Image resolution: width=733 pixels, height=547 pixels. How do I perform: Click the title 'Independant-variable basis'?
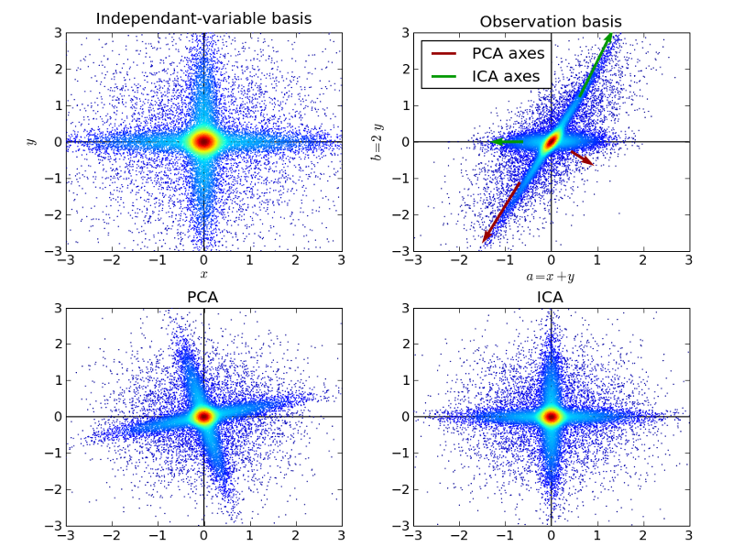[x=203, y=19]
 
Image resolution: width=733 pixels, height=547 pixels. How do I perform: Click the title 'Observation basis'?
[x=551, y=21]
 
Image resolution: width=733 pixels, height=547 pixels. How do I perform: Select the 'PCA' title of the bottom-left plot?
[x=203, y=298]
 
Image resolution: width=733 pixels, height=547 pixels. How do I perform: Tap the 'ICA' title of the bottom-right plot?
[x=551, y=298]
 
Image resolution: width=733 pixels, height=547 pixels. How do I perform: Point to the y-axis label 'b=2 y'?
[x=377, y=141]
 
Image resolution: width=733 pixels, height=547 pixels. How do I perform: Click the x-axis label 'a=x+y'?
[x=551, y=275]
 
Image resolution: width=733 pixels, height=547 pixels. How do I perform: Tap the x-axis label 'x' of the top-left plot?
[x=203, y=274]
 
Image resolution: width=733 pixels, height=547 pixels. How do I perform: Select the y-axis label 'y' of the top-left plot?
[x=30, y=141]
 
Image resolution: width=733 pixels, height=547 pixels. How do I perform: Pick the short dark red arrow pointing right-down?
[x=582, y=158]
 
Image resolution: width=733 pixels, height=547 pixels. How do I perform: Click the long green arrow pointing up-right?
[x=596, y=63]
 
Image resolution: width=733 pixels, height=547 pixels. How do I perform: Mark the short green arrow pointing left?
[x=509, y=142]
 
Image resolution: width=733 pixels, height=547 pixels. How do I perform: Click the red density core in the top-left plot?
[x=203, y=141]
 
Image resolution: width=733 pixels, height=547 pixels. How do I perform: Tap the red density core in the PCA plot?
[x=203, y=416]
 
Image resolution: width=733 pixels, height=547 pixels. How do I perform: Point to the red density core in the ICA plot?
[x=551, y=416]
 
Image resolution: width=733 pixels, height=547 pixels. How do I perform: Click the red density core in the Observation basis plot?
[x=551, y=142]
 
